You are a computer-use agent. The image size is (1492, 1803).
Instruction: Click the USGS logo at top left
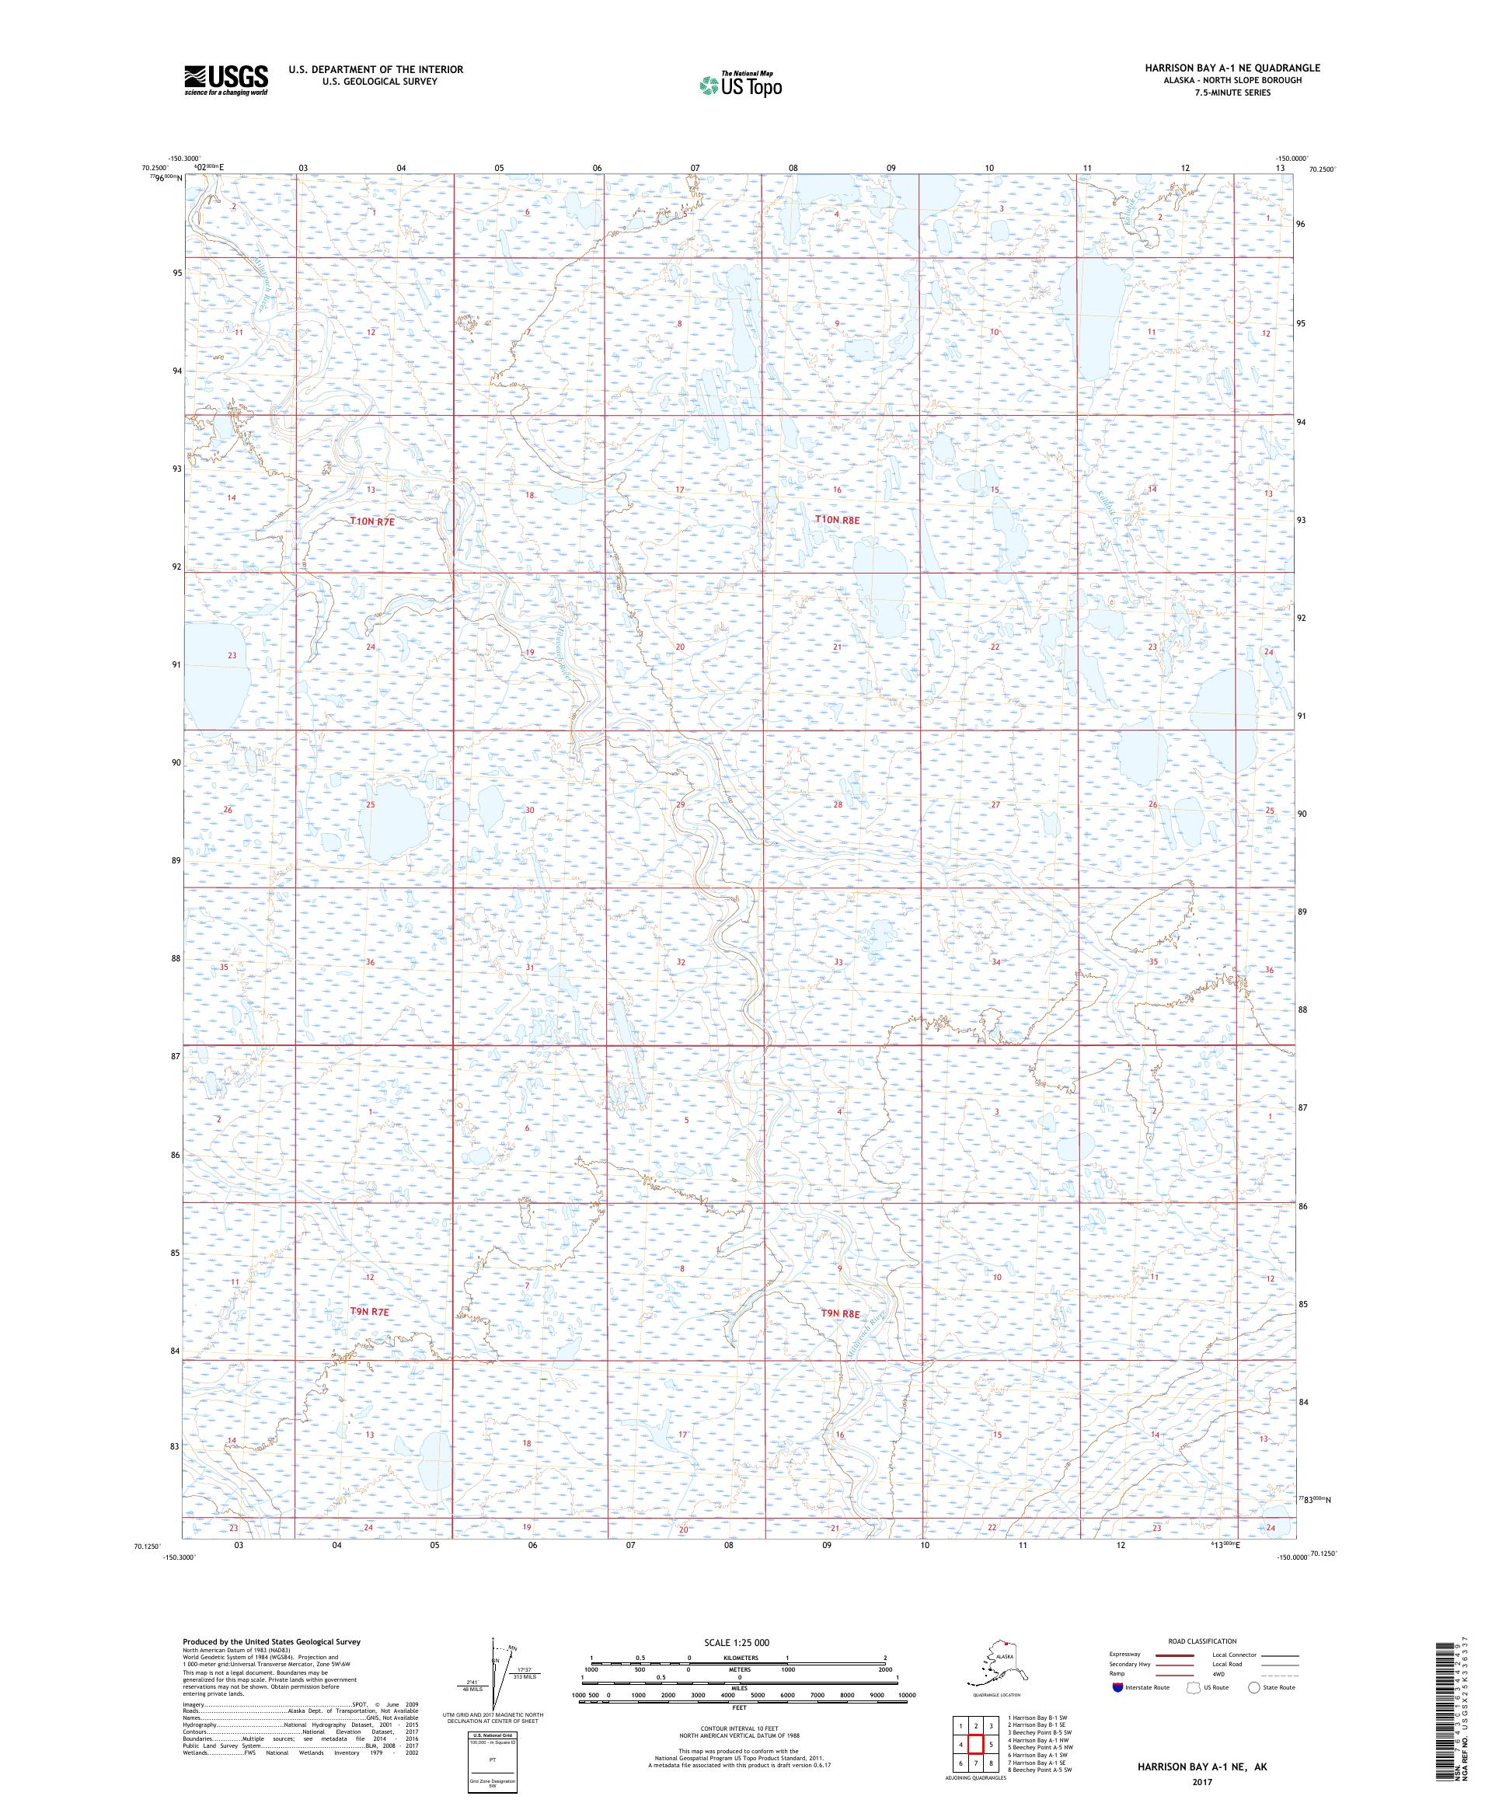[225, 80]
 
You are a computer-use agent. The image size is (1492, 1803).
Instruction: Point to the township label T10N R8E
[836, 519]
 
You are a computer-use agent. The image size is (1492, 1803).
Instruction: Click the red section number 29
[680, 804]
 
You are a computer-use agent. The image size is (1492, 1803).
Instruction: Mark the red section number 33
[838, 962]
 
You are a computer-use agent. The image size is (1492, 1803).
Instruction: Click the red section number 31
[530, 968]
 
